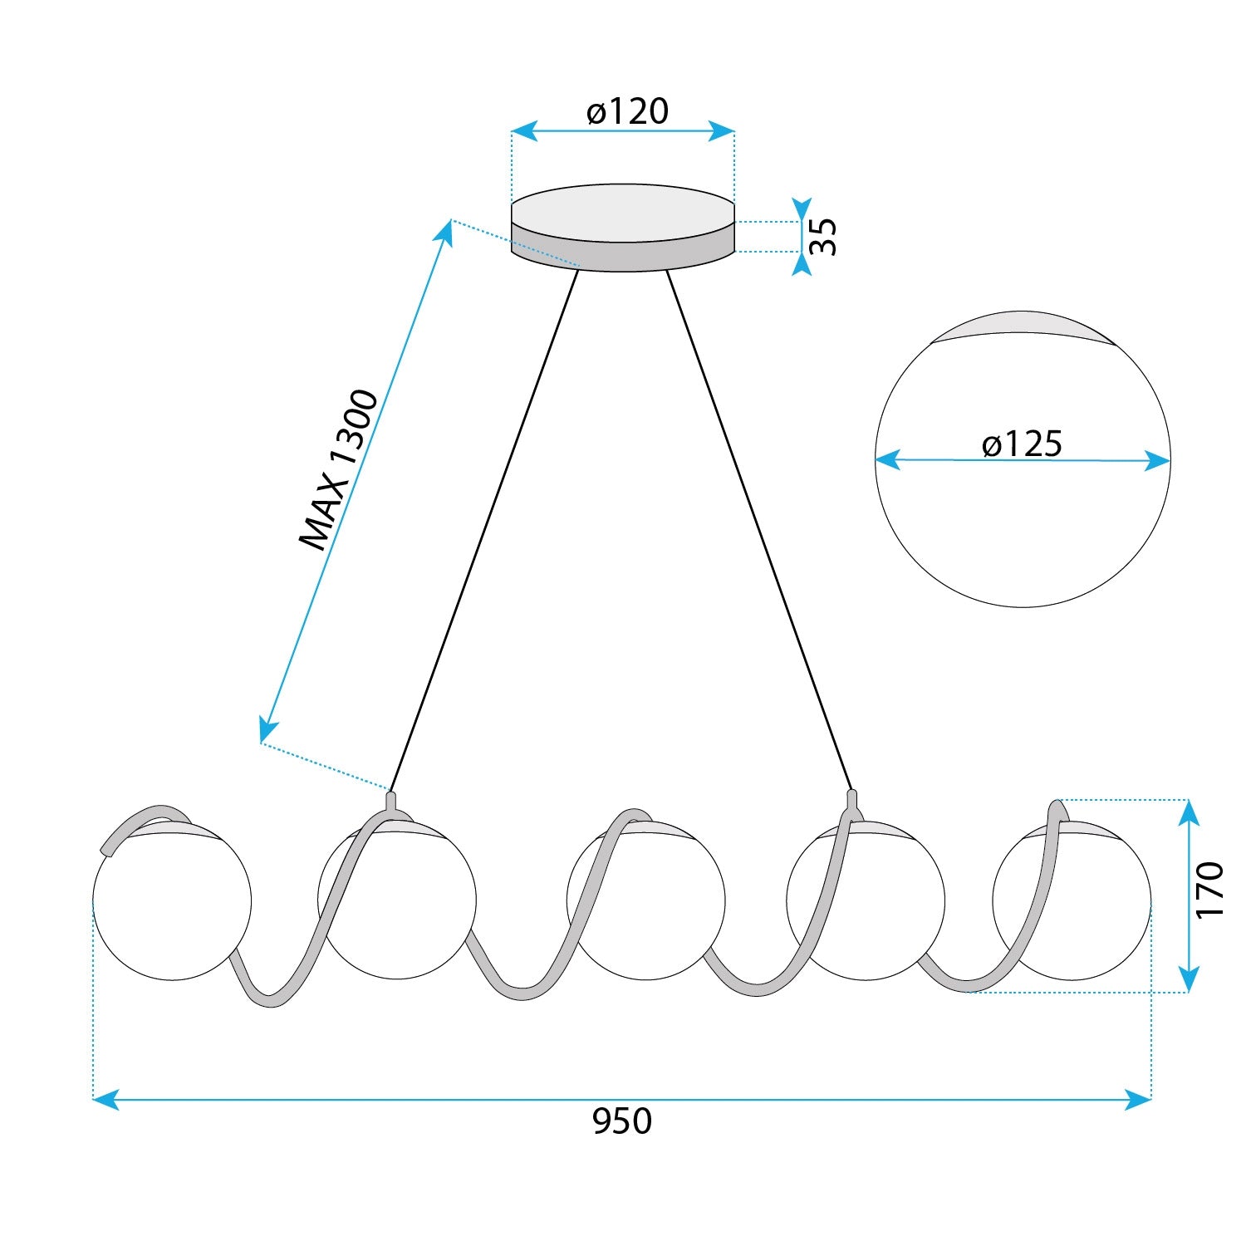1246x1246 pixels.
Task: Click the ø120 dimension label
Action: [x=627, y=111]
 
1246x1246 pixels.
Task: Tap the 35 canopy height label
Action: [x=823, y=237]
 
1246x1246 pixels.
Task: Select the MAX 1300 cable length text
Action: [x=339, y=469]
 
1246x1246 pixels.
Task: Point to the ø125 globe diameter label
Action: [x=1022, y=444]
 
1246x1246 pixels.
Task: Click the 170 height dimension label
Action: [x=1210, y=890]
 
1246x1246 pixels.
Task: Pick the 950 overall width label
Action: [x=622, y=1121]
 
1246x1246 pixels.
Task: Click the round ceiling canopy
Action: [x=623, y=228]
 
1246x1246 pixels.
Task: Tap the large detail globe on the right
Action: [x=1023, y=459]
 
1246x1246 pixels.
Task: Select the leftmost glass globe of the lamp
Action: [x=172, y=900]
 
